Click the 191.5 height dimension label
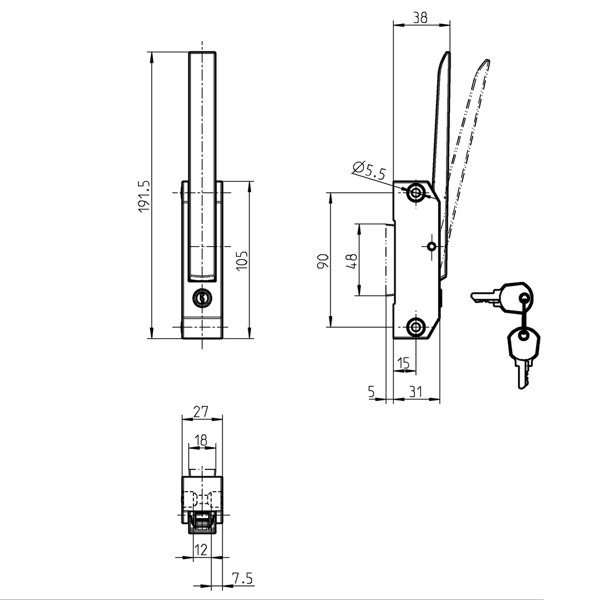(144, 196)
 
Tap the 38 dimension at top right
(420, 18)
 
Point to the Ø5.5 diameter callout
(370, 171)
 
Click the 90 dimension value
(322, 261)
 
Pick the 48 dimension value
(352, 261)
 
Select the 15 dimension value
(403, 364)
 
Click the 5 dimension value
(371, 392)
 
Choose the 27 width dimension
(201, 411)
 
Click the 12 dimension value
(201, 549)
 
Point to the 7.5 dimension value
(242, 579)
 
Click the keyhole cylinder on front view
(203, 298)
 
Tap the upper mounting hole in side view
(417, 192)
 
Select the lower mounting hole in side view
(417, 327)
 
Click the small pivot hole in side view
(432, 247)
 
